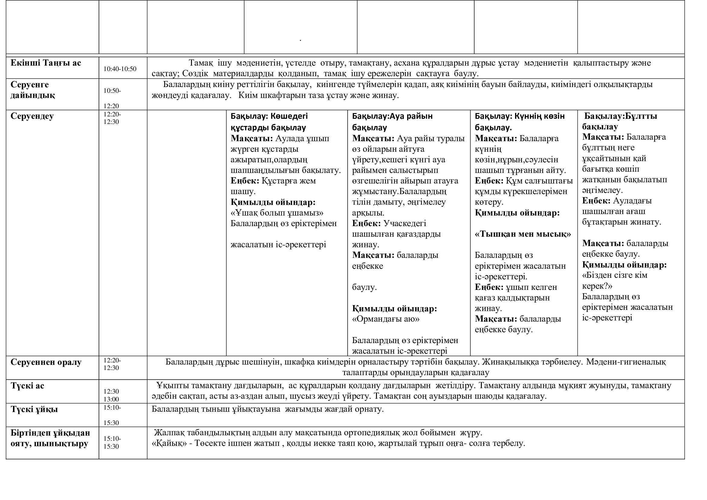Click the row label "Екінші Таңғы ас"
[46, 63]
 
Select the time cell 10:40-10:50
[120, 69]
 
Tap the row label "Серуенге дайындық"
[33, 89]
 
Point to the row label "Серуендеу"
[32, 116]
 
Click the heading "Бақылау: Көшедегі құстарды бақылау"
[269, 122]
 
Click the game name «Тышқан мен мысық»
[523, 234]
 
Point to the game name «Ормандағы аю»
[385, 319]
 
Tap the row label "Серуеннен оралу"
[46, 362]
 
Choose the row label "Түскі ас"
[28, 386]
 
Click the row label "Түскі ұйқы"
[34, 410]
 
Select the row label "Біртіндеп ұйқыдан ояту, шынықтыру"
[50, 438]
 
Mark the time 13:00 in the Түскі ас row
[111, 399]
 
